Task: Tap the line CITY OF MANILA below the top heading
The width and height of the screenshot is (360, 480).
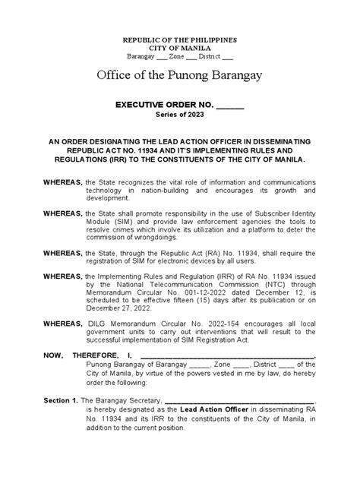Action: tap(180, 48)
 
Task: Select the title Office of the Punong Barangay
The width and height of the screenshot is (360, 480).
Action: tap(180, 76)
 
